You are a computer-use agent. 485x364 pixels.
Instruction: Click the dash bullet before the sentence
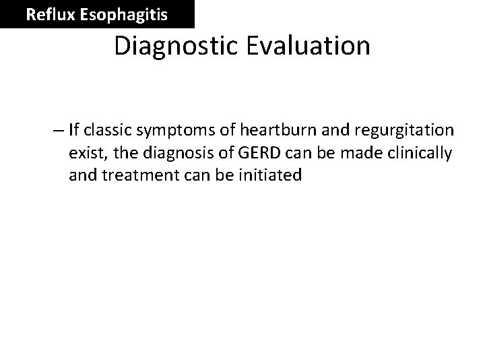click(x=59, y=130)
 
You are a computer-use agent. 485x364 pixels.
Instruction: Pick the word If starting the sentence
click(x=73, y=130)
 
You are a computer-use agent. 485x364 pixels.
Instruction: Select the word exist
click(x=84, y=153)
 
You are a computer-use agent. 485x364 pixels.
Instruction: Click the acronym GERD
click(x=234, y=153)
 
